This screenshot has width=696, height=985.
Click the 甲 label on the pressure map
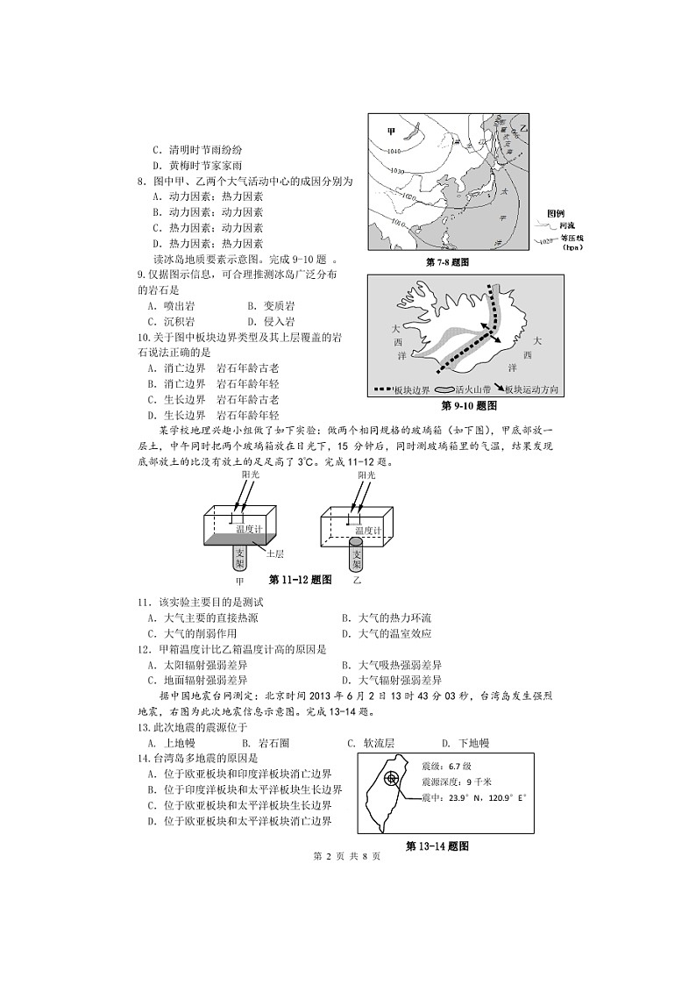click(392, 132)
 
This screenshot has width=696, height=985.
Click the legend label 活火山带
click(474, 389)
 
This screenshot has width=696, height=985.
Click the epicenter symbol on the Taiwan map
click(391, 778)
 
